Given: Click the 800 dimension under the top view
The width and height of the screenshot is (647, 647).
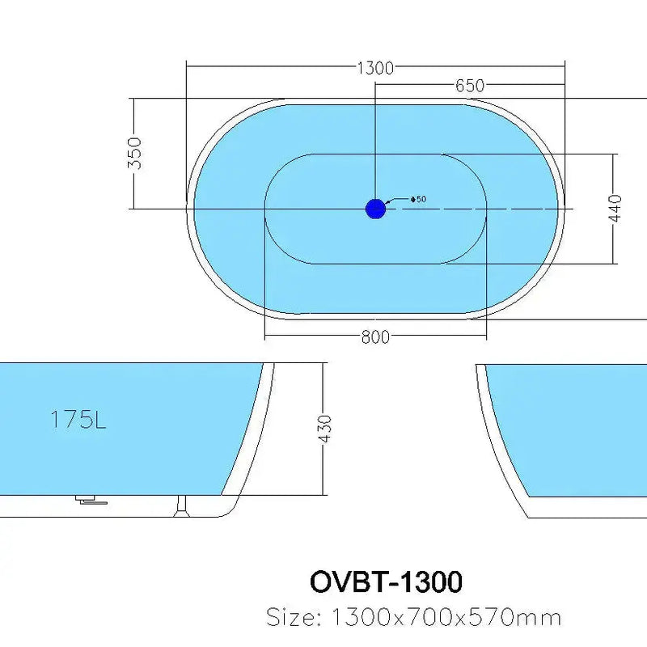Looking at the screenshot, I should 375,336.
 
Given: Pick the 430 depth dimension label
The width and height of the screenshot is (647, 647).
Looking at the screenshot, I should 325,428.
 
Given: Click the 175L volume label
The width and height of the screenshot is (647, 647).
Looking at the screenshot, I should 78,420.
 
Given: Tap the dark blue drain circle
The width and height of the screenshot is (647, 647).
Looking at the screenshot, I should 375,209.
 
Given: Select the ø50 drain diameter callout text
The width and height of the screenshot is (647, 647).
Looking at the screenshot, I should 418,199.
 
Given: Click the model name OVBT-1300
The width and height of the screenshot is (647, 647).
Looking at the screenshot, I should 386,581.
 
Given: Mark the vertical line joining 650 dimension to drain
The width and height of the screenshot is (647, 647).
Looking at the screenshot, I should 375,137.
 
